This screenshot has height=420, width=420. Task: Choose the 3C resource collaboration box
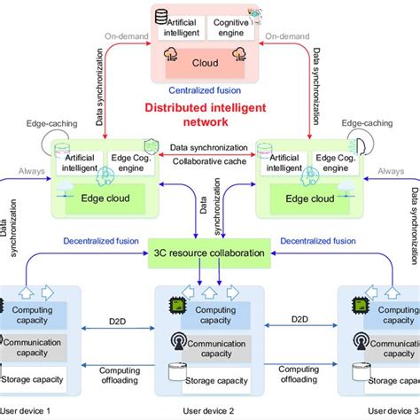[x=209, y=253]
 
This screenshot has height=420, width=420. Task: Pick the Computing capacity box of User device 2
[x=216, y=311]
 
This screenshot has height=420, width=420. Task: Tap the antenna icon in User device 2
[x=177, y=342]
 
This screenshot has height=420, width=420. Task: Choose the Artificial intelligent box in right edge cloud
[x=282, y=163]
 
